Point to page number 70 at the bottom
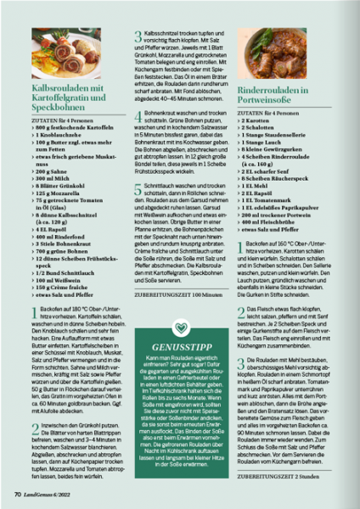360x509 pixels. pyautogui.click(x=17, y=491)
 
